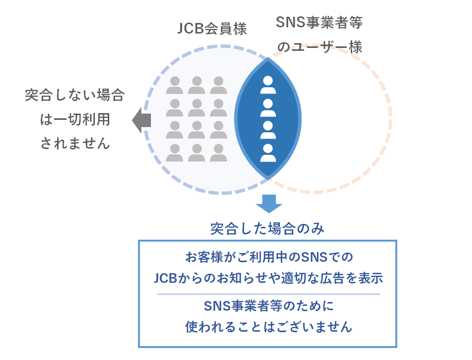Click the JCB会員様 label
pos(212,29)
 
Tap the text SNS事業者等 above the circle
pos(319,23)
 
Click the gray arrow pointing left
pos(141,120)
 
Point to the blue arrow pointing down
pos(269,204)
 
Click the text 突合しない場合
pos(75,95)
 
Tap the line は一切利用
pos(75,119)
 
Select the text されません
pos(75,143)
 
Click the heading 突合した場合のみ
pos(267,229)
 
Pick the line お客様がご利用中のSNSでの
pos(269,257)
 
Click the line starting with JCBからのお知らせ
pos(268,278)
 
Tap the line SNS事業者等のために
pos(269,306)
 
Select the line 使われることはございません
pos(269,327)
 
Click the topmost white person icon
pos(268,85)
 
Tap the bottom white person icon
pos(268,153)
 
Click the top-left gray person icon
pos(174,85)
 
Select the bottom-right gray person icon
pos(219,152)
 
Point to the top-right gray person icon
pos(219,85)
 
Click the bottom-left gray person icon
pos(174,152)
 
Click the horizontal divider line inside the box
pos(269,294)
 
